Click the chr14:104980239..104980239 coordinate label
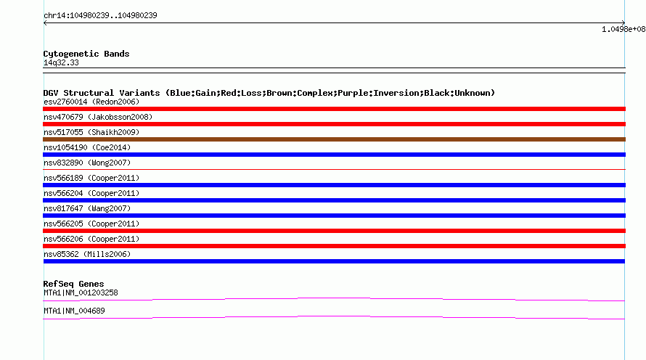100,16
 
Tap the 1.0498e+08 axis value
623,29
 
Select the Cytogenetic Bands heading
86,54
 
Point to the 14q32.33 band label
61,62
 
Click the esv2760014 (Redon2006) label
91,102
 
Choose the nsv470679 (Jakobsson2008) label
98,117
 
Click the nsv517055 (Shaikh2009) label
91,132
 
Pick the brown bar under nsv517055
334,139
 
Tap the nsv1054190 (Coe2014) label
87,147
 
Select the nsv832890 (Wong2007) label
87,163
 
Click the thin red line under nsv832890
334,169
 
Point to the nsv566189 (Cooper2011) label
91,178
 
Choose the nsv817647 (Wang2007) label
87,208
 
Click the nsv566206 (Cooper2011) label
91,239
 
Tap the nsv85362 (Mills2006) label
87,254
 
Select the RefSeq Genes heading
73,284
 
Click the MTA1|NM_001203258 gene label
81,292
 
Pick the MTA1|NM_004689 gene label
74,311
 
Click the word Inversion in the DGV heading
391,93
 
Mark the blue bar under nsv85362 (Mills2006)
334,261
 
